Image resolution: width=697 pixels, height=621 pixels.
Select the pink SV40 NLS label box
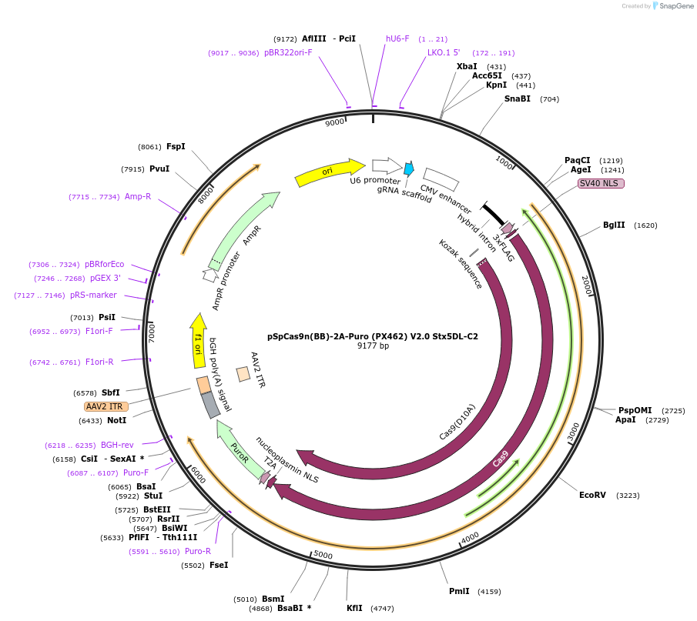[601, 183]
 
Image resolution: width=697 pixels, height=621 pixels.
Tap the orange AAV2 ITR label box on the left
[106, 406]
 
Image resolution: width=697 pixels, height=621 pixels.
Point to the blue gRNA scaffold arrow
[409, 169]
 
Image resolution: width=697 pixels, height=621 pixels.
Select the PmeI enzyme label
[459, 592]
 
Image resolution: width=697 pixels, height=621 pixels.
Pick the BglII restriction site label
[614, 225]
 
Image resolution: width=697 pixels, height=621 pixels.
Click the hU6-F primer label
[397, 38]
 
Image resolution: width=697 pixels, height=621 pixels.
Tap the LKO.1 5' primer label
[444, 53]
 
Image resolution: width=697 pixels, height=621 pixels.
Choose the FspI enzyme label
[176, 147]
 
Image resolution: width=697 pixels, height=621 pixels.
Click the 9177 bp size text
[373, 346]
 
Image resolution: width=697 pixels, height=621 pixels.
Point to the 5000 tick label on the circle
[323, 555]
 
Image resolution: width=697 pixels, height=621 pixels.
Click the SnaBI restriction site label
[518, 98]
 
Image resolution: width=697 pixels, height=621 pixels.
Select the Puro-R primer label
[198, 551]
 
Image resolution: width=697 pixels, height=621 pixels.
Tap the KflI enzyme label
[354, 609]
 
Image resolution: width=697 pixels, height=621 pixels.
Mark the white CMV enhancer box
[441, 179]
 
